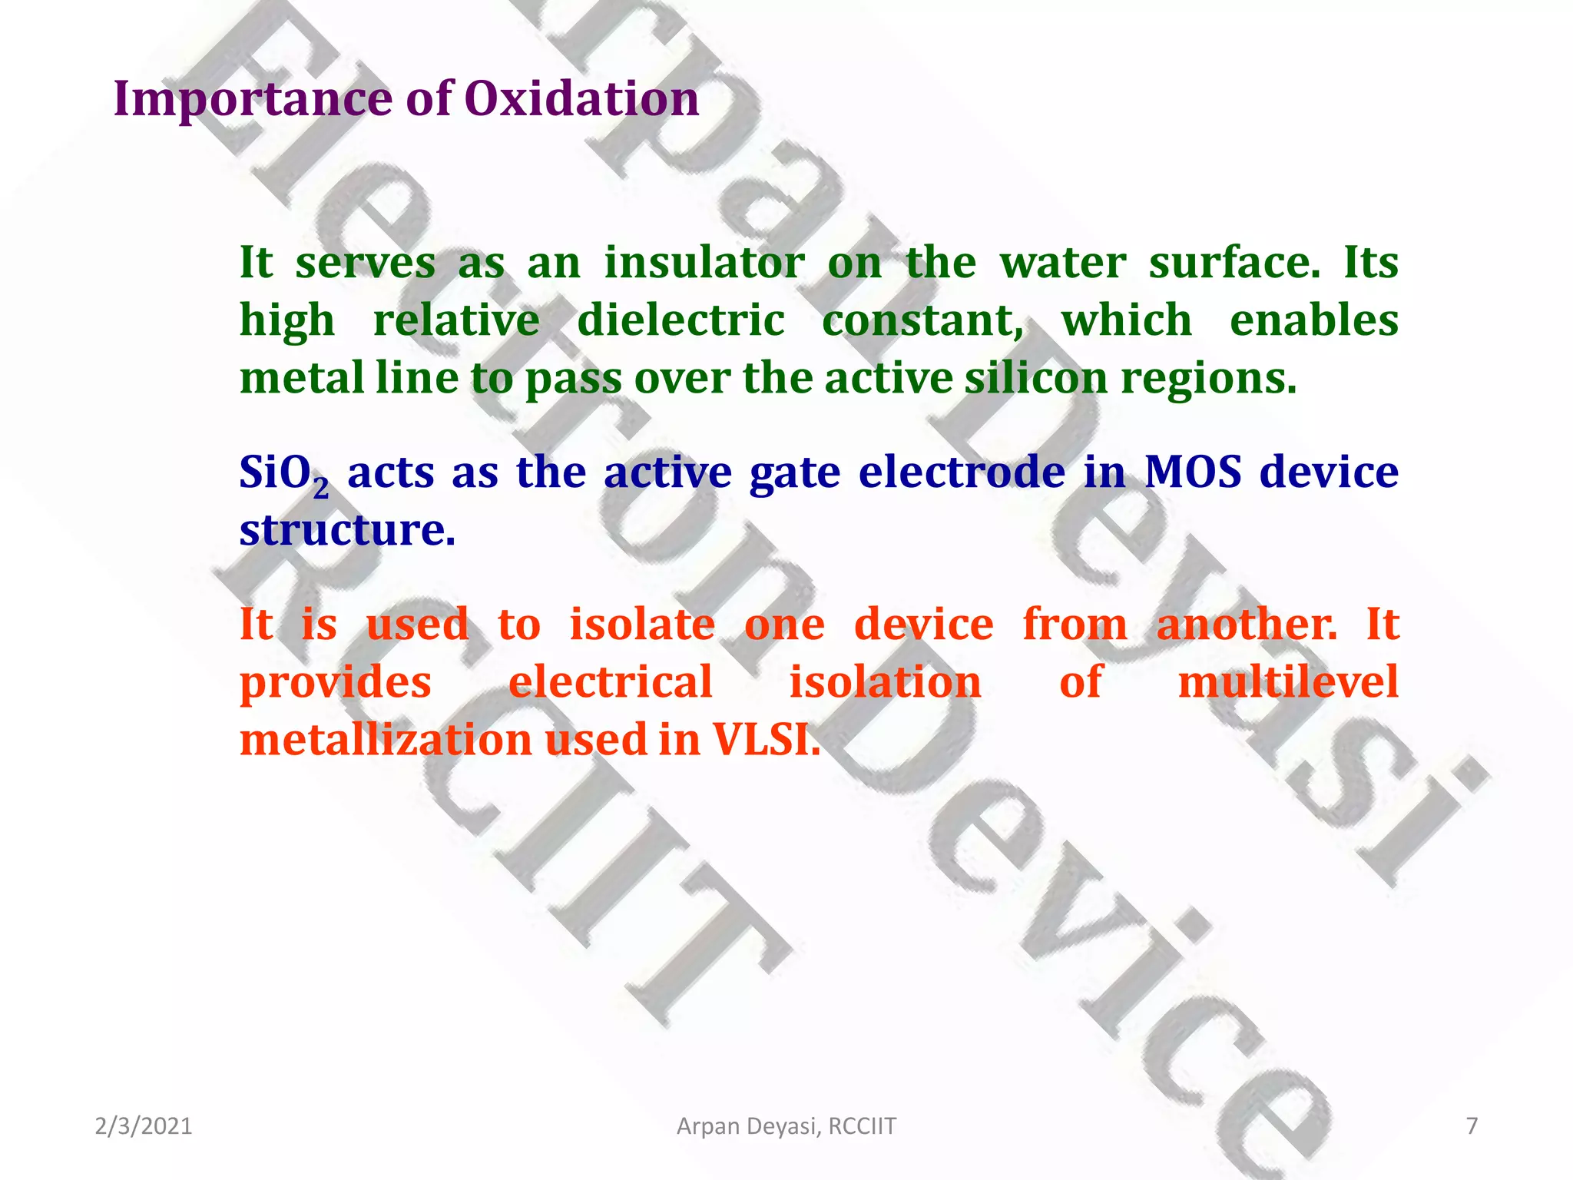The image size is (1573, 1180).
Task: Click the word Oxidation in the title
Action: coord(581,99)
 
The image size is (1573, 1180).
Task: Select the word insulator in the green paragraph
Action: coord(704,263)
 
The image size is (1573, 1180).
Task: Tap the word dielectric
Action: coord(681,320)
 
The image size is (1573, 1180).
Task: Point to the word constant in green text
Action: coord(921,320)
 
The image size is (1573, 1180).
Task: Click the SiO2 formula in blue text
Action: coord(283,473)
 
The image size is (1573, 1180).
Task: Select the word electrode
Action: coord(962,472)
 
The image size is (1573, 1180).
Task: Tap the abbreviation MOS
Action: coord(1192,472)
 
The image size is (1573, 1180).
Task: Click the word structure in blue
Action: coord(347,529)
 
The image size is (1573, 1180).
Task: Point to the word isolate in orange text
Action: coord(642,624)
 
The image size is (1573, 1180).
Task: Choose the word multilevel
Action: coord(1288,682)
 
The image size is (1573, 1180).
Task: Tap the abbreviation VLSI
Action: coord(766,740)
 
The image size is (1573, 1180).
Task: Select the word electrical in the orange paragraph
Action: coord(611,682)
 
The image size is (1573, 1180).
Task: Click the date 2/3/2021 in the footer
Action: coord(143,1126)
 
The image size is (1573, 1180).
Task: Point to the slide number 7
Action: coord(1472,1126)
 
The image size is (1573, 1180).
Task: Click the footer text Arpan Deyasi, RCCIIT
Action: coord(786,1126)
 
